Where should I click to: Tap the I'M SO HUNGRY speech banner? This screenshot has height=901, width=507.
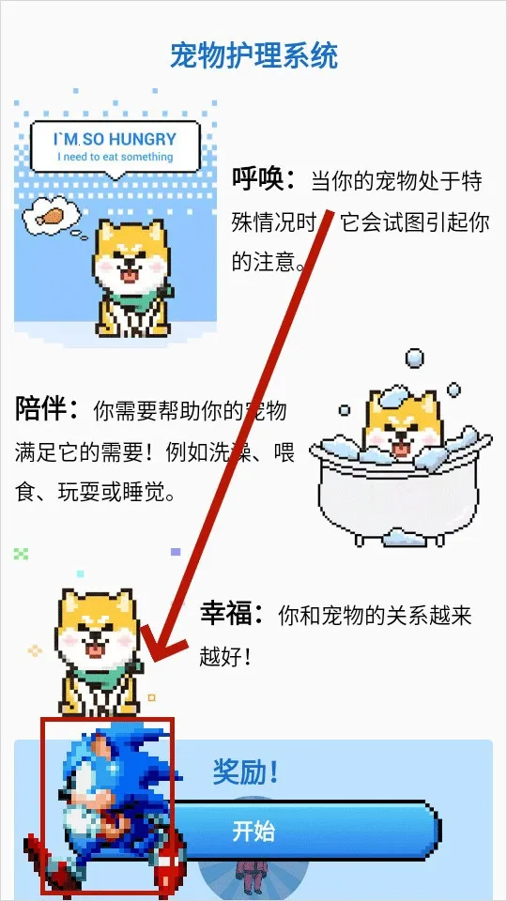[x=115, y=145]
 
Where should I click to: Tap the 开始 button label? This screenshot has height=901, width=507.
[x=253, y=832]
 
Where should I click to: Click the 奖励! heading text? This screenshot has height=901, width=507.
[x=245, y=773]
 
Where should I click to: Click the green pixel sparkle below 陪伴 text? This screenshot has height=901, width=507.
[x=22, y=554]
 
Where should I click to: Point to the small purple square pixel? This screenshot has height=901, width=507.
[x=175, y=553]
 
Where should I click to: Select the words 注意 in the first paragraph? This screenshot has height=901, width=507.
[x=274, y=259]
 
